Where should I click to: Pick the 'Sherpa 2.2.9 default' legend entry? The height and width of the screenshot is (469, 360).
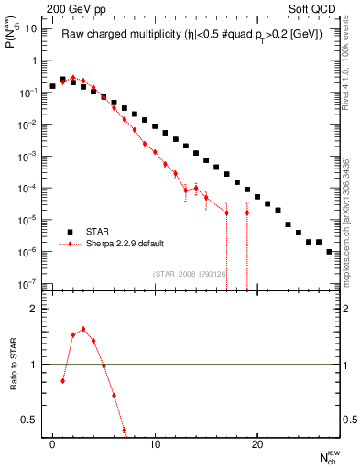pyautogui.click(x=115, y=245)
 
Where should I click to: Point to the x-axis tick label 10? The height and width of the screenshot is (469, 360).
pyautogui.click(x=156, y=444)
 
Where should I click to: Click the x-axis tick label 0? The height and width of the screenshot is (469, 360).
pyautogui.click(x=53, y=444)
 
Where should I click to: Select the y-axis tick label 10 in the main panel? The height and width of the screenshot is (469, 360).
pyautogui.click(x=30, y=28)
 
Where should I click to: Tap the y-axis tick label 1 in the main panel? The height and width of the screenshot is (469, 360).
pyautogui.click(x=34, y=60)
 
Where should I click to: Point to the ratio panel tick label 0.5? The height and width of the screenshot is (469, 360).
pyautogui.click(x=30, y=420)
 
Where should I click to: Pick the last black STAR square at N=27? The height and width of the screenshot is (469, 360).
pyautogui.click(x=329, y=251)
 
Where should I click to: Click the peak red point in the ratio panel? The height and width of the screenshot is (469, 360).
pyautogui.click(x=83, y=329)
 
